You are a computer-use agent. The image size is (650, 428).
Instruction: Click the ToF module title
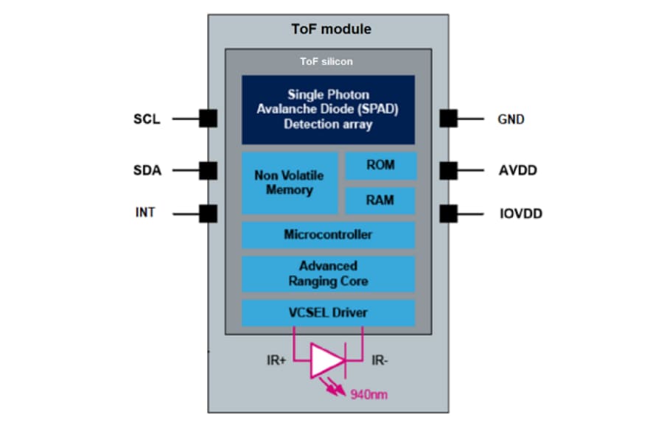[328, 29]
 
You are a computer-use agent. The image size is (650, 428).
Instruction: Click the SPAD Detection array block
[328, 110]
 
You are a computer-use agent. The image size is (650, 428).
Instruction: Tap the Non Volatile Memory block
[290, 183]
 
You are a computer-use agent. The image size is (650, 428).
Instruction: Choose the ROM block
[380, 166]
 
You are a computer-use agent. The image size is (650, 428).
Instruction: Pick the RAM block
[380, 200]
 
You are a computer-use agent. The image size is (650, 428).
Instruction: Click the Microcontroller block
[328, 235]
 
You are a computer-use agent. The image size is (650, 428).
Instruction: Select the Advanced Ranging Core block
[328, 273]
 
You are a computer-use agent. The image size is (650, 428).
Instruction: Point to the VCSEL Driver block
[328, 312]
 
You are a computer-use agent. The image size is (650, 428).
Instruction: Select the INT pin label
[146, 214]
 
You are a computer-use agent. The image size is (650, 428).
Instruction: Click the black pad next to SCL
[208, 118]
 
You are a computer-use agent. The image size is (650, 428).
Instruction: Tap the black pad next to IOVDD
[448, 214]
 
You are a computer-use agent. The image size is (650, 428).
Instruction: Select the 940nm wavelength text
[368, 395]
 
